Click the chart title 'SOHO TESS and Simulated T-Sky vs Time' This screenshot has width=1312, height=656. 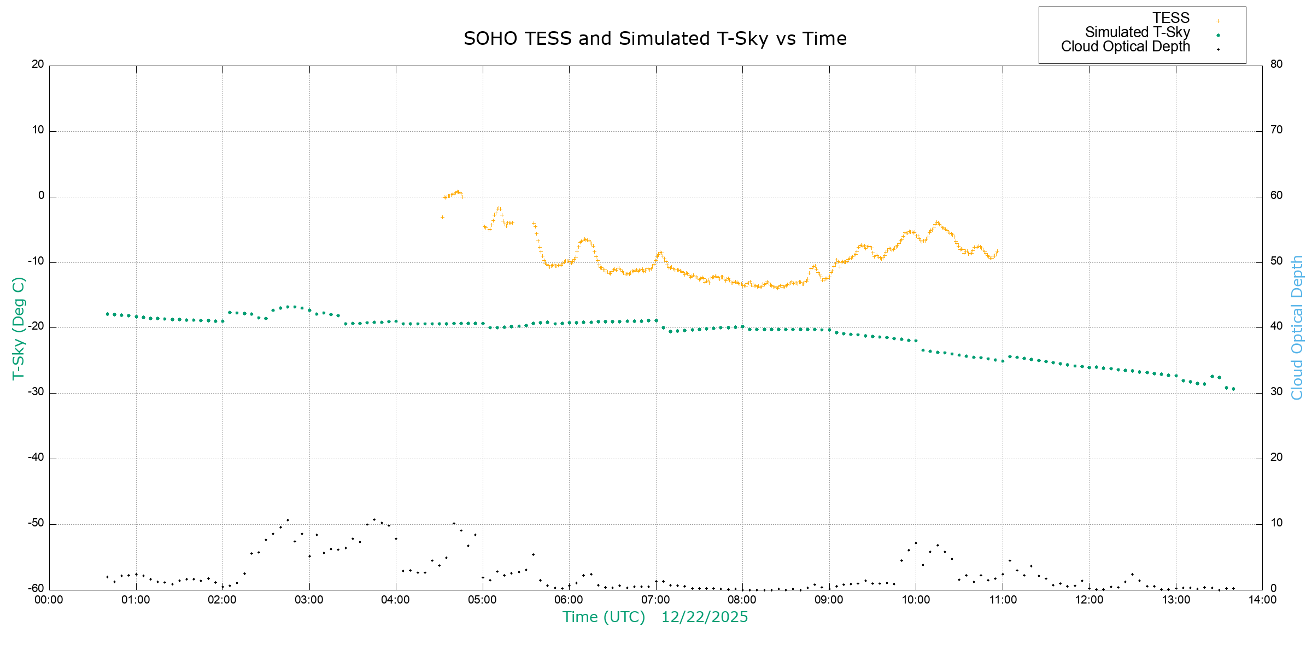(x=655, y=39)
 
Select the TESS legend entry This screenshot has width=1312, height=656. (x=1171, y=18)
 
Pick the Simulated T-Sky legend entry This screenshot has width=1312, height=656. (x=1137, y=32)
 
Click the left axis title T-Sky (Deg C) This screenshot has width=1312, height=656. (x=19, y=328)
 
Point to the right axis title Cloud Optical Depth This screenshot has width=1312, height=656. (x=1297, y=328)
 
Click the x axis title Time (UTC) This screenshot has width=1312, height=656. (x=604, y=617)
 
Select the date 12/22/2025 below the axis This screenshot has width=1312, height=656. (x=704, y=617)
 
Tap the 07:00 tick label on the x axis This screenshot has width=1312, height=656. (x=655, y=600)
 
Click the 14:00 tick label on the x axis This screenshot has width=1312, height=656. (x=1262, y=600)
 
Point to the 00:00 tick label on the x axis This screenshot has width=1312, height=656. (x=49, y=600)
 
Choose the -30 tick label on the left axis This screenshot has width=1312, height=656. (x=36, y=392)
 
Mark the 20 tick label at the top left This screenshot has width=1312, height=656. (x=38, y=64)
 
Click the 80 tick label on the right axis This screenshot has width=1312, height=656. (x=1276, y=64)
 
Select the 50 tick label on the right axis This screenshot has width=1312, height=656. (x=1276, y=261)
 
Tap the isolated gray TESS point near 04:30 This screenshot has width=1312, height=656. (x=442, y=218)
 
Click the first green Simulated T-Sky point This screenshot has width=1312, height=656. (x=107, y=314)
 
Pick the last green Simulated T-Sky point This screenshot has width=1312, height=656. (x=1233, y=389)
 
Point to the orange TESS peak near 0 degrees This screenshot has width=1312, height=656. (x=458, y=192)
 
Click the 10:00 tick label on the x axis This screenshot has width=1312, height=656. (x=916, y=600)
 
